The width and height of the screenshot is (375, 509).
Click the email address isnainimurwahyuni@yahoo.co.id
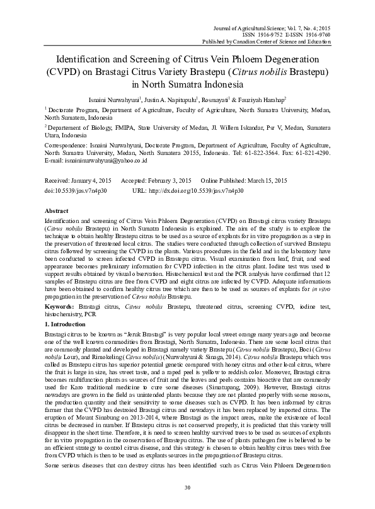click(x=98, y=161)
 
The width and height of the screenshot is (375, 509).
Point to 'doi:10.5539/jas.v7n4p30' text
click(x=76, y=188)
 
